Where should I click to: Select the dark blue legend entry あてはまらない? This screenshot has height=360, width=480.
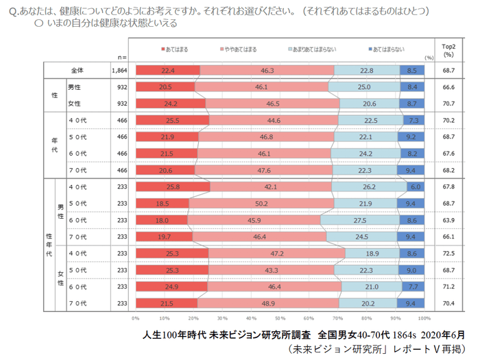pyautogui.click(x=387, y=49)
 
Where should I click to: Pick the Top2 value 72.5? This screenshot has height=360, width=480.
pyautogui.click(x=448, y=253)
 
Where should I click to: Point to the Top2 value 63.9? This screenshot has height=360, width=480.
pyautogui.click(x=448, y=220)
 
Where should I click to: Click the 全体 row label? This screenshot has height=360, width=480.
pyautogui.click(x=77, y=70)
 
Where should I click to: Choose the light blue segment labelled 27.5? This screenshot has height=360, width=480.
pyautogui.click(x=359, y=220)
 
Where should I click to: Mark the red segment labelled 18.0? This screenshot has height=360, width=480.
pyautogui.click(x=161, y=220)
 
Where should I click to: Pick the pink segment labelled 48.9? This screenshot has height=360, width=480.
pyautogui.click(x=267, y=303)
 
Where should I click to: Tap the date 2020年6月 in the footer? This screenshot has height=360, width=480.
pyautogui.click(x=440, y=335)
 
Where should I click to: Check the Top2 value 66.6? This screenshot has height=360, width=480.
pyautogui.click(x=448, y=87)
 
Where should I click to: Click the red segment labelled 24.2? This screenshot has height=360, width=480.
pyautogui.click(x=170, y=104)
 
